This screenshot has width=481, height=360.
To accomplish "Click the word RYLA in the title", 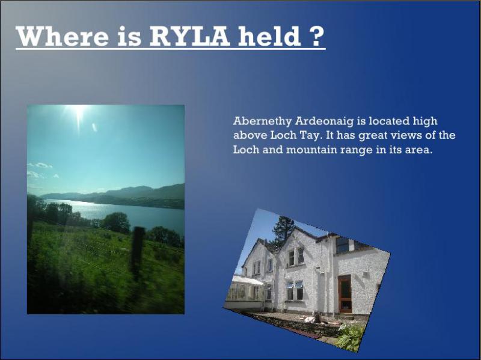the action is tap(189, 36).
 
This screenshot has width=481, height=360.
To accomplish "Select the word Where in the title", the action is tap(63, 36).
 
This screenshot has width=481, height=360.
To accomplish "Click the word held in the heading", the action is tap(269, 36).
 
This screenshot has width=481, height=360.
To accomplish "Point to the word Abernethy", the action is tap(262, 121).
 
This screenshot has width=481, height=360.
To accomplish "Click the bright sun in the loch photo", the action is tap(79, 111).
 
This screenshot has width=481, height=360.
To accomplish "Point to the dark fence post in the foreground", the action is tap(138, 254).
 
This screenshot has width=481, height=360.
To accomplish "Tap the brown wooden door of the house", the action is tap(345, 294).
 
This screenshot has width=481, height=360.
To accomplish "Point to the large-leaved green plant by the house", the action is tap(351, 337).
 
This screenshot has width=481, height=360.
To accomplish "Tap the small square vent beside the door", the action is tap(365, 275).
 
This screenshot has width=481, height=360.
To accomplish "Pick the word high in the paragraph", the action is tap(425, 121).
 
